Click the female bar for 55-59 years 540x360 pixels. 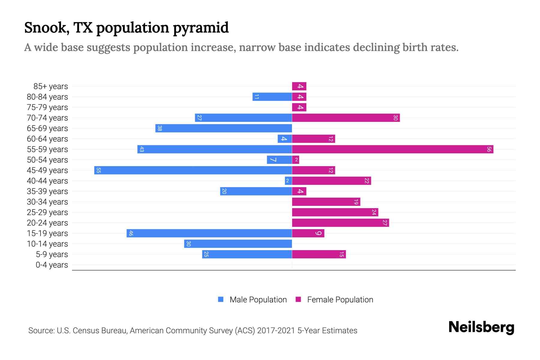tap(392, 149)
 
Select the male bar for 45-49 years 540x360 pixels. tap(193, 170)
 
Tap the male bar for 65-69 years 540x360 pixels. tap(223, 128)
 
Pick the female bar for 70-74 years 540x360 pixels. tap(346, 118)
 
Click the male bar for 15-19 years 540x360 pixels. tap(209, 233)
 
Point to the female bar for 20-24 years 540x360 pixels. tap(340, 223)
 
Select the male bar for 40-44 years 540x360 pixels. tap(288, 181)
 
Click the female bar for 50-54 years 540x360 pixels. tap(295, 160)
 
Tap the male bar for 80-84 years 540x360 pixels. tap(272, 97)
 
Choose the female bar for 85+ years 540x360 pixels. tap(299, 86)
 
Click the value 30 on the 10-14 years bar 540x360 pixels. tap(188, 244)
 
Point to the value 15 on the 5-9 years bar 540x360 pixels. tap(341, 254)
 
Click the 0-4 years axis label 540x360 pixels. tap(52, 265)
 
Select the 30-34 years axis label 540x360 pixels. tap(47, 202)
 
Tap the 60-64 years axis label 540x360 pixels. tap(47, 139)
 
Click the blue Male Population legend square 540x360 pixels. tap(221, 299)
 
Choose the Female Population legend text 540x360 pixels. tap(340, 299)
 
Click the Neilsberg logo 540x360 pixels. tap(481, 327)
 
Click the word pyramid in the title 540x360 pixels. tap(201, 28)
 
